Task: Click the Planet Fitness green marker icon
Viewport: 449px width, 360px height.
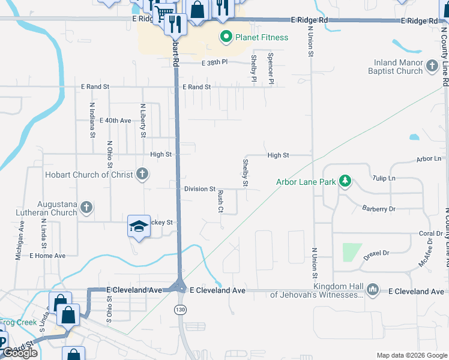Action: point(226,37)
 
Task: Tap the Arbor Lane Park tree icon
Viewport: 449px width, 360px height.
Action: point(345,181)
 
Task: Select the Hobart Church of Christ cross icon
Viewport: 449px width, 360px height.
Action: point(142,175)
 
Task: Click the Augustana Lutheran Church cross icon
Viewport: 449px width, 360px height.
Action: point(86,208)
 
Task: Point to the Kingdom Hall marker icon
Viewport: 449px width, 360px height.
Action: point(373,290)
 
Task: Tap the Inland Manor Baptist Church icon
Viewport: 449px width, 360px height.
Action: point(432,66)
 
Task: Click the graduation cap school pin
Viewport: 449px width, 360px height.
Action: point(139,226)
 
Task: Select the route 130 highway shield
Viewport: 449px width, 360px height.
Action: point(179,309)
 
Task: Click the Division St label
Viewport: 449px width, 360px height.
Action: point(200,189)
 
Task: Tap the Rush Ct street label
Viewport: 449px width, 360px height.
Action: point(220,202)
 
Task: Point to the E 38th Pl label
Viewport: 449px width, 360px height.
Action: point(215,62)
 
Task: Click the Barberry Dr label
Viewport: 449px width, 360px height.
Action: point(379,209)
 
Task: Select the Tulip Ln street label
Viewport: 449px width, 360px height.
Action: point(384,178)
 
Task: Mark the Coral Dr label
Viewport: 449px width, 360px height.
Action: point(430,234)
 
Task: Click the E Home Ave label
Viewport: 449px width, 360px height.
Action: point(47,256)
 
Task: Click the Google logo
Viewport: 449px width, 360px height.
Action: point(20,353)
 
